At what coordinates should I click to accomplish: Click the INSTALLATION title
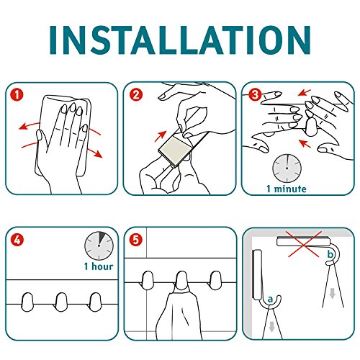coord(180,40)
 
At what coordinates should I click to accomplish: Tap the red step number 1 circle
coord(17,95)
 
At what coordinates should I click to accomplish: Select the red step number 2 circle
coord(136,95)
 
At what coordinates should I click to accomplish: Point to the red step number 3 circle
coord(255,95)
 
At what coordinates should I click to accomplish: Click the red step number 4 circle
coord(17,240)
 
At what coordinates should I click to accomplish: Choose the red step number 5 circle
coord(136,240)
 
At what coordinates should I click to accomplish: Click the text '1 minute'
coord(287,189)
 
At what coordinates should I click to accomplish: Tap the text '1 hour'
coord(99,266)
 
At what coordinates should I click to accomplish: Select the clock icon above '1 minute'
coord(287,168)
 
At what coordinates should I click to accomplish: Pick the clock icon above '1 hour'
coord(99,246)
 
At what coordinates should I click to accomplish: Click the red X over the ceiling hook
coord(304,244)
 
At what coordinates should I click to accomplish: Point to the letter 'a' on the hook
coord(270,300)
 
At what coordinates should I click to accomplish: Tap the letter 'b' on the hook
coord(330,254)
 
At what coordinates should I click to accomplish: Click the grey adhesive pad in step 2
coord(175,149)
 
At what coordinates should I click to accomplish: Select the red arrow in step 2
coord(161,136)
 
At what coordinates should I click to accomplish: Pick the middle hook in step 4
coord(61,302)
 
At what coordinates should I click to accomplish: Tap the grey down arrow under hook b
coord(332,293)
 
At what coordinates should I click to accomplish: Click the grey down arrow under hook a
coord(271,327)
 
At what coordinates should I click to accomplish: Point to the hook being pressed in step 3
coord(311,127)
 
